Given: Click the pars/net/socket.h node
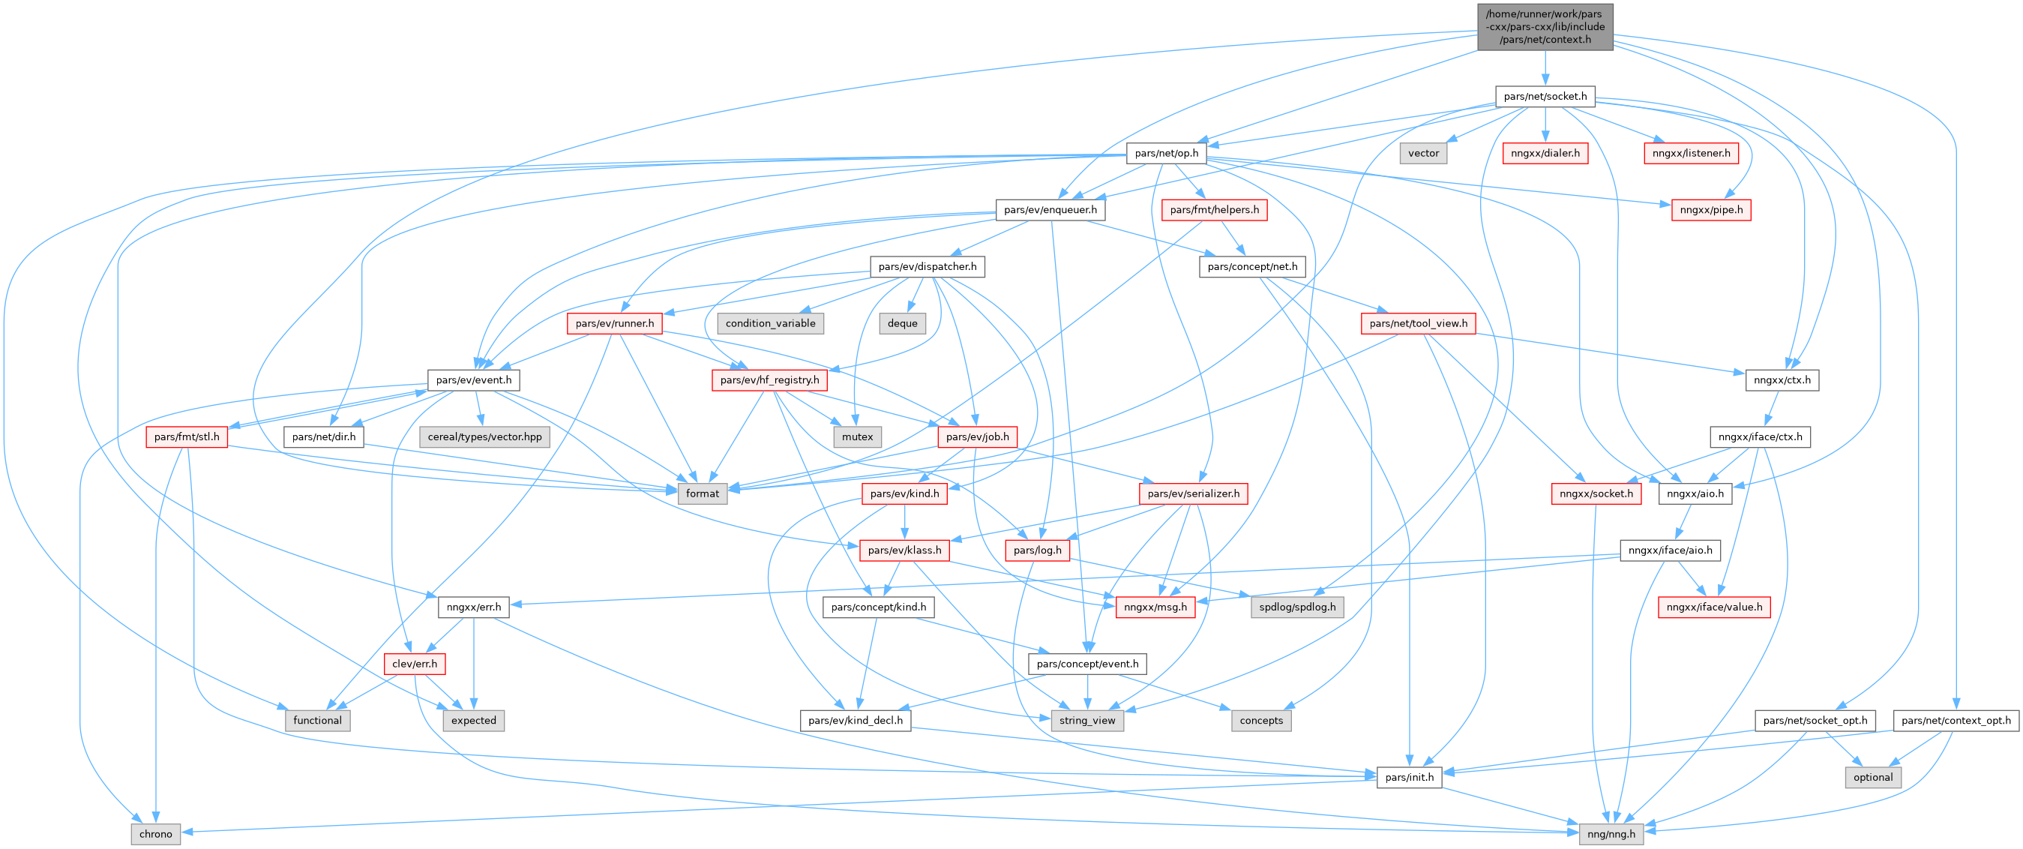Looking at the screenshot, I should tap(1545, 97).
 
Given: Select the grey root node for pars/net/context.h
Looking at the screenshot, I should tap(1545, 27).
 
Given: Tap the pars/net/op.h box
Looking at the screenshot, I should tap(1166, 153).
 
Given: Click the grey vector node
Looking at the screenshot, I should tap(1423, 153).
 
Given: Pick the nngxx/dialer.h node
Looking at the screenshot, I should tap(1545, 153).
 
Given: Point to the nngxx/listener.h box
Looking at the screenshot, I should tap(1691, 153).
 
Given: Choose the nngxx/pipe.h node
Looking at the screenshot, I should tap(1711, 210).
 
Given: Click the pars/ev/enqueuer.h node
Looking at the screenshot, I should tap(1050, 210).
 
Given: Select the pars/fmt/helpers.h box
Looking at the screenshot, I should tap(1213, 210).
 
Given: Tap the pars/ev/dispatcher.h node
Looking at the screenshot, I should tap(927, 266).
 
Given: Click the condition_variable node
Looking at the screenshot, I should tap(769, 323).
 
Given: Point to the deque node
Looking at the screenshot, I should tap(901, 323).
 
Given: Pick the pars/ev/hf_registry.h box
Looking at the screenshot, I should tap(769, 380).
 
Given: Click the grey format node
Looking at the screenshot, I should tap(701, 493).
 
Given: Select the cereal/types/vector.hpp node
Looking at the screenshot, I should tap(484, 436).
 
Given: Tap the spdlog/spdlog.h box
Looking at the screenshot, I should tap(1296, 607).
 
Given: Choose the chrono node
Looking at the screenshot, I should tap(154, 834).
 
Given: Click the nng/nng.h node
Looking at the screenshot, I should tap(1611, 834).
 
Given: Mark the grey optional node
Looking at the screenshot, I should tap(1872, 778).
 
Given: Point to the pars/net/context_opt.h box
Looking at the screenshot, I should tap(1956, 720).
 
